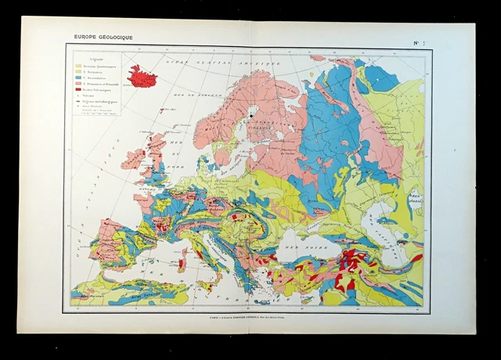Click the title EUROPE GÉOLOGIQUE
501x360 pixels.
coord(99,37)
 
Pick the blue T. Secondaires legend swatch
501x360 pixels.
coord(79,78)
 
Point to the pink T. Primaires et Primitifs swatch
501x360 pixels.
coord(79,85)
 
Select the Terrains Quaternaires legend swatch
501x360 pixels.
coord(79,67)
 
